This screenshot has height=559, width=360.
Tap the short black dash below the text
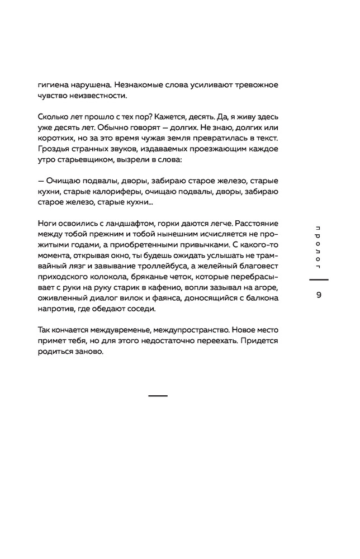coord(158,395)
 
